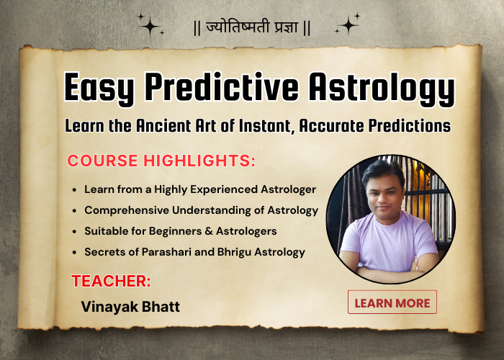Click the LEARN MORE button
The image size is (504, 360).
click(x=392, y=302)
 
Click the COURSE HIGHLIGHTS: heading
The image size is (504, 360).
click(x=161, y=161)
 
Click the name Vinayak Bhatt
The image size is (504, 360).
click(x=130, y=306)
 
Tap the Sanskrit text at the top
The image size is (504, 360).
click(x=252, y=28)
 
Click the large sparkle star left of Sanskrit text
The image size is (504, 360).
click(x=150, y=25)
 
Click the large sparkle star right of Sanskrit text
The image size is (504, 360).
click(x=348, y=25)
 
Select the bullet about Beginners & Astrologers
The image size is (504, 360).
click(x=180, y=231)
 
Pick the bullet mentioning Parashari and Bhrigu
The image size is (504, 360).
click(x=194, y=251)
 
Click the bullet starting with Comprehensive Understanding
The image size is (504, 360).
click(x=201, y=210)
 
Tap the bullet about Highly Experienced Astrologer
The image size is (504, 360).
click(x=200, y=189)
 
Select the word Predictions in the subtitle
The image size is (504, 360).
click(x=407, y=125)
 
